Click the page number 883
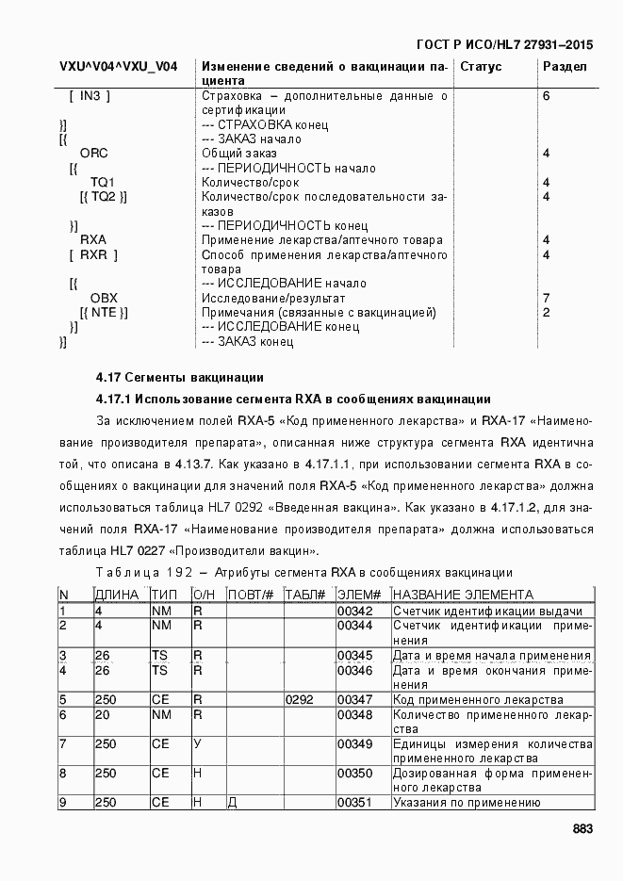(582, 829)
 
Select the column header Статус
(481, 67)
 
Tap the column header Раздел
(566, 67)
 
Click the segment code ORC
(93, 153)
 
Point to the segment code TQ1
(103, 182)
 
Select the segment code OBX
(104, 298)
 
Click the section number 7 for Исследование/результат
(547, 298)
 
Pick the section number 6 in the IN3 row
(547, 96)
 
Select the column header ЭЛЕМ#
(359, 595)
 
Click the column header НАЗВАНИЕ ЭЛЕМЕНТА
(463, 595)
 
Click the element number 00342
(355, 611)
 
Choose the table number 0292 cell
(299, 699)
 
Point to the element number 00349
(355, 743)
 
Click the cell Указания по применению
(466, 802)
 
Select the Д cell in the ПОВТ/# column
(233, 802)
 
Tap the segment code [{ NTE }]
(104, 312)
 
